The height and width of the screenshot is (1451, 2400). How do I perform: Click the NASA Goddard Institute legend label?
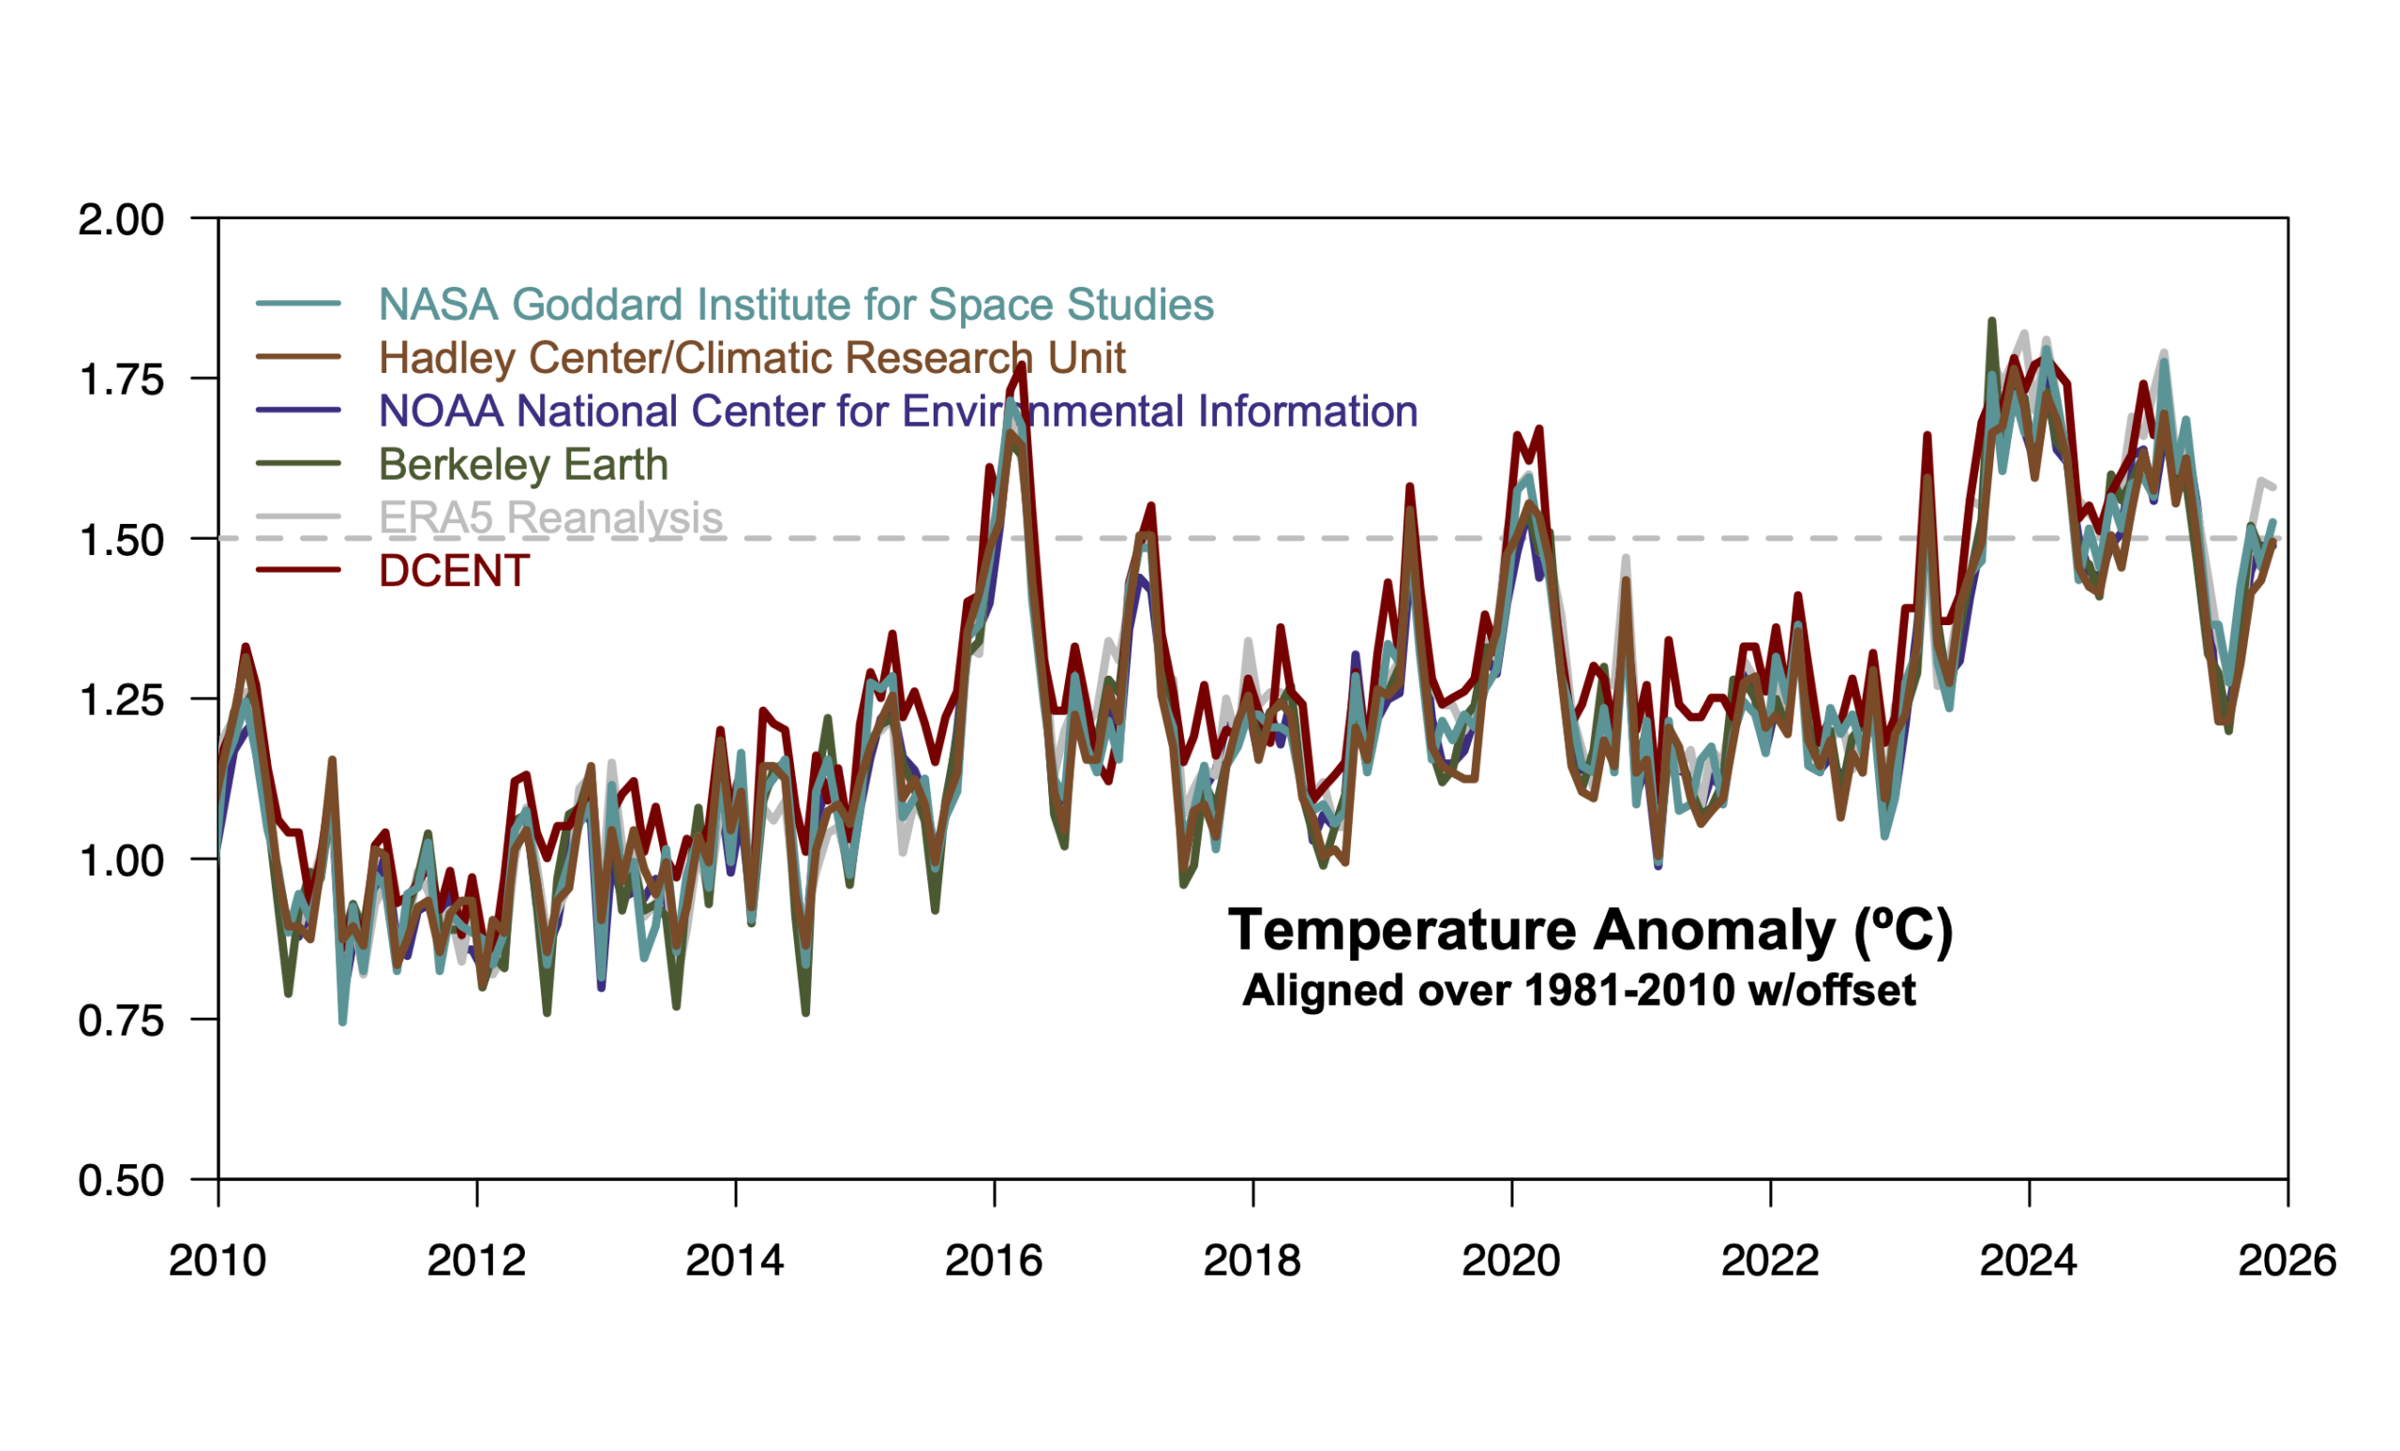[x=796, y=305]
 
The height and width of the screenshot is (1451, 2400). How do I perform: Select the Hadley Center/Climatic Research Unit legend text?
[x=752, y=358]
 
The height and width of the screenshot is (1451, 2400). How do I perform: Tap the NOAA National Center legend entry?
[x=897, y=411]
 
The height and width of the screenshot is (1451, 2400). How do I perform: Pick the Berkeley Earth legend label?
[x=523, y=466]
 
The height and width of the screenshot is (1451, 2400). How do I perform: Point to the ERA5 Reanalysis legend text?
[x=550, y=518]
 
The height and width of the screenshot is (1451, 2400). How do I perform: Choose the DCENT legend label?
[x=454, y=572]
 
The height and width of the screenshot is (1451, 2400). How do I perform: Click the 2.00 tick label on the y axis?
[x=121, y=220]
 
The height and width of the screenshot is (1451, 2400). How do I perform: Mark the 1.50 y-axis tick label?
[x=121, y=541]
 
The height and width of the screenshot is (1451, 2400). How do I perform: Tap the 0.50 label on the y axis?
[x=121, y=1181]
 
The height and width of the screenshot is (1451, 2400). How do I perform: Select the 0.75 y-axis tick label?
[x=121, y=1022]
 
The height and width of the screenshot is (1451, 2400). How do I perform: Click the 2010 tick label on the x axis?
[x=217, y=1261]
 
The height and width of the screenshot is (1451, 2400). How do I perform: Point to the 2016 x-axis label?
[x=994, y=1261]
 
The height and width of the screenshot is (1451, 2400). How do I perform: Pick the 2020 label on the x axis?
[x=1510, y=1261]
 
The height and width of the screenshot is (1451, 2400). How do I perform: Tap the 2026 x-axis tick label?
[x=2287, y=1261]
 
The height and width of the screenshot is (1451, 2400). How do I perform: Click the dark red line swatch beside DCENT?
[x=298, y=571]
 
